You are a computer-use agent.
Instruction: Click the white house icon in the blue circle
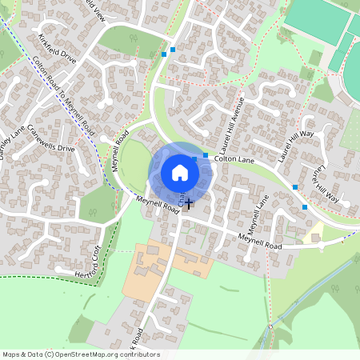(x=179, y=172)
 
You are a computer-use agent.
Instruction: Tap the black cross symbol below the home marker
(x=190, y=206)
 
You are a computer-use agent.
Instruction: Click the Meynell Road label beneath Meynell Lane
(x=261, y=240)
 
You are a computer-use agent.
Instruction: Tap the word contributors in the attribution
(x=139, y=354)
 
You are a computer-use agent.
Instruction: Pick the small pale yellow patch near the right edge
(x=315, y=234)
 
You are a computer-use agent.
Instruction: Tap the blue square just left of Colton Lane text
(x=206, y=155)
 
